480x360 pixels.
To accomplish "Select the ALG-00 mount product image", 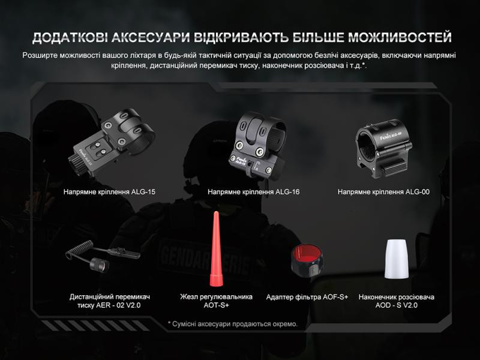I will pos(383,150).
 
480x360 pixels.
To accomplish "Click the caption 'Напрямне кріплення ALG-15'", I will pos(109,193).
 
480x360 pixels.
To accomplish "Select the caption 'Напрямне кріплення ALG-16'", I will pos(253,193).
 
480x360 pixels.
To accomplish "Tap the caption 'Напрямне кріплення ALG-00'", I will pos(383,193).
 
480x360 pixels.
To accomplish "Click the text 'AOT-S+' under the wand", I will pos(216,305).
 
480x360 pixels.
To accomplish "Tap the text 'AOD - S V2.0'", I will pos(396,305).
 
